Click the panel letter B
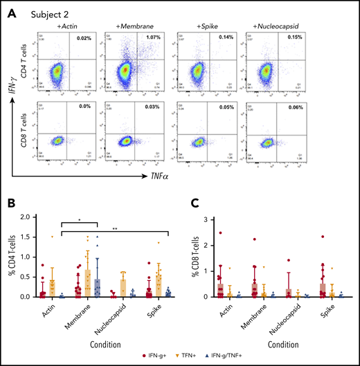pos(12,205)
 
